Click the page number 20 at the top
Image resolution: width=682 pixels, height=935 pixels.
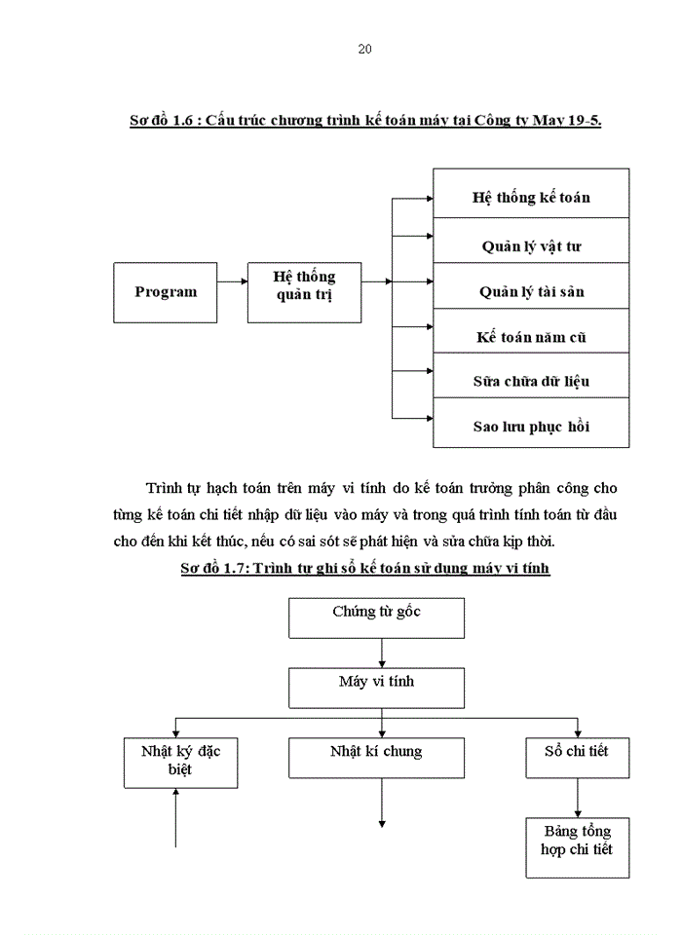tap(364, 49)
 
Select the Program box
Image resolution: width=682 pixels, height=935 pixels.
tap(165, 292)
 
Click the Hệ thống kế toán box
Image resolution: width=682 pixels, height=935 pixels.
tap(531, 198)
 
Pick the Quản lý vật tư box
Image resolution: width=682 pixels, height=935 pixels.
tap(531, 245)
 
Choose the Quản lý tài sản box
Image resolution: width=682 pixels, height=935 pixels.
tap(531, 292)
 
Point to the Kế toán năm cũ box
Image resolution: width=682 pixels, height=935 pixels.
tap(531, 338)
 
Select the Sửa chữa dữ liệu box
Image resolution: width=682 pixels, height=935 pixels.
tap(531, 382)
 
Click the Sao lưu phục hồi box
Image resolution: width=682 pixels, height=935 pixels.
tap(531, 427)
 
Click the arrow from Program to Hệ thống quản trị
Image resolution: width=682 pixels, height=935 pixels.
tap(232, 282)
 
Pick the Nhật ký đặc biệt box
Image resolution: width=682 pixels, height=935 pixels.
tap(181, 762)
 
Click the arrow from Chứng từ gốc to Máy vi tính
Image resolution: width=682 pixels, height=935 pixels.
tap(381, 652)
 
